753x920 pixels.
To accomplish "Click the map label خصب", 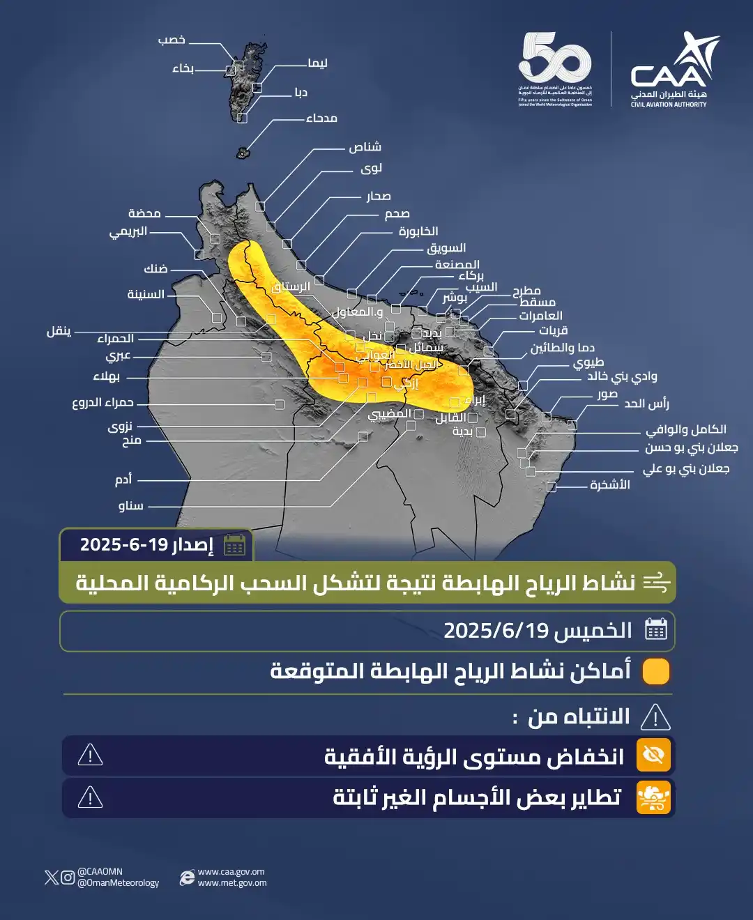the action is tap(172, 40).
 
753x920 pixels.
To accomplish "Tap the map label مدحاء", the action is tap(321, 118).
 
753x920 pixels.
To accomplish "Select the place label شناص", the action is tap(365, 147).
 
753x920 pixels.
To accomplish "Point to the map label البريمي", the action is tap(128, 231).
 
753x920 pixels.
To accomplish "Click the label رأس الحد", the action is tap(646, 404).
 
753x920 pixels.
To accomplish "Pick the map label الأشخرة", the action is tap(610, 484).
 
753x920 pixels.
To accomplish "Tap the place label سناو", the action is tap(130, 505).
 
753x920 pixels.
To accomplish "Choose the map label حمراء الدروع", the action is tap(102, 402).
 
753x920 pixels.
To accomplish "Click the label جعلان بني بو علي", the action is tap(686, 468).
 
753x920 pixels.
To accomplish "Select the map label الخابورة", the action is tap(418, 231).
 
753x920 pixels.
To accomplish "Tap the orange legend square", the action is tap(655, 671).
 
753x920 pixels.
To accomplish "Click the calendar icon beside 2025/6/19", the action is tap(656, 629).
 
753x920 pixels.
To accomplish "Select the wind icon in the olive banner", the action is tap(656, 582).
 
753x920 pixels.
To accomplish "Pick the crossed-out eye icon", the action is tap(653, 755).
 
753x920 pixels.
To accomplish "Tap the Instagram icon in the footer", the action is tap(68, 877).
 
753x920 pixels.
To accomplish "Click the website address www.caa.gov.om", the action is tap(231, 872).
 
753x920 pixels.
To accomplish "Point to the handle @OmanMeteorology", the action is tap(118, 883).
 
